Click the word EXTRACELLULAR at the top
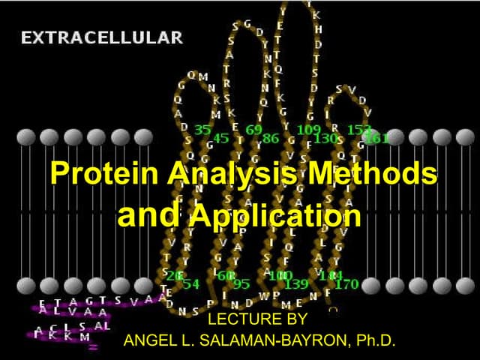coord(102,37)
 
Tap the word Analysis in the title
coord(229,174)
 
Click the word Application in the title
coord(274,216)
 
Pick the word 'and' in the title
coord(148,215)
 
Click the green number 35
coord(202,130)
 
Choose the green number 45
coord(221,138)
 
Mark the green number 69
coord(253,130)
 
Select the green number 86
coord(271,138)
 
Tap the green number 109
coord(309,130)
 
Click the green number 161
coord(377,138)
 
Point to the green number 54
coord(190,283)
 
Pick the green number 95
coord(241,283)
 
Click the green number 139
coord(297,283)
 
